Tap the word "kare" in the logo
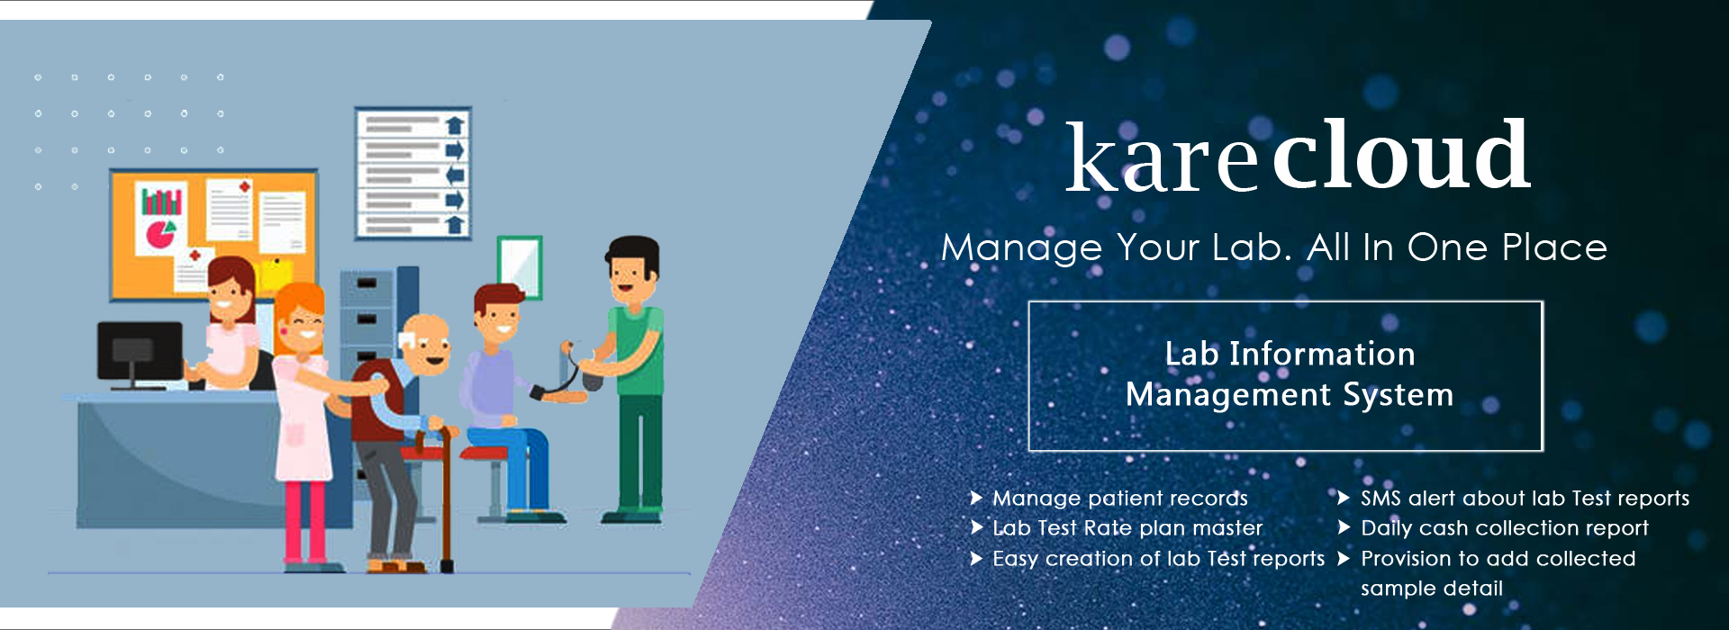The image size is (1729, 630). point(1162,160)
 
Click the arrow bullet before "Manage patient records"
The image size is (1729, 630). point(976,498)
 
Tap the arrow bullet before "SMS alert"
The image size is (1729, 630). point(1344,498)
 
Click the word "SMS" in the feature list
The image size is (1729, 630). point(1380,498)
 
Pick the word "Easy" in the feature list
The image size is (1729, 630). point(1015,559)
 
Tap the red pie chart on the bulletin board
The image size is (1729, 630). point(161,234)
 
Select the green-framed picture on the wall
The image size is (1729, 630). point(520,267)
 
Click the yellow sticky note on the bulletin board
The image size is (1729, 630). point(275,275)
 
